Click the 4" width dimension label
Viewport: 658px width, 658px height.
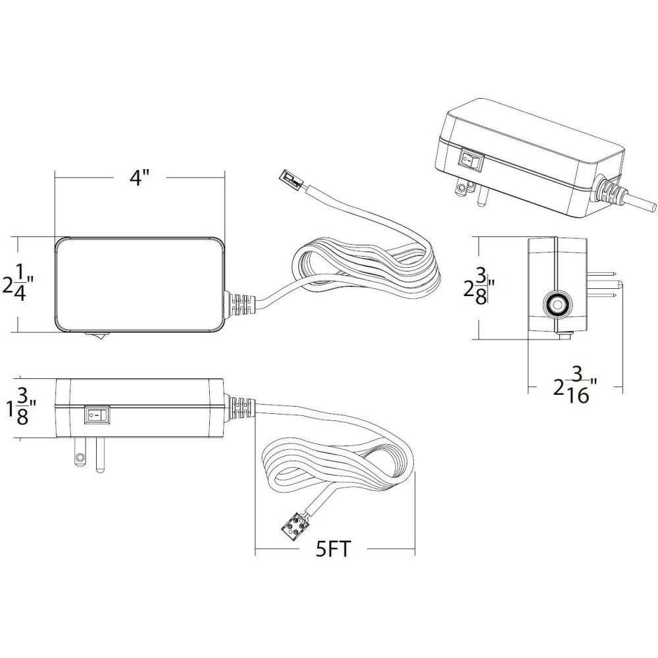point(139,178)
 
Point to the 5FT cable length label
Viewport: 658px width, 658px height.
point(333,549)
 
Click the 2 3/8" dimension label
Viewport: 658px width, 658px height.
point(479,287)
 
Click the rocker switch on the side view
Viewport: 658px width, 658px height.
point(97,415)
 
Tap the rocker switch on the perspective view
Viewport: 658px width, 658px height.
point(472,159)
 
